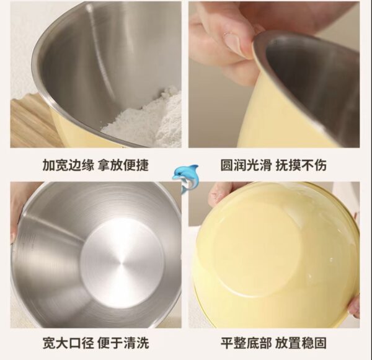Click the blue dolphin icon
point(185,177)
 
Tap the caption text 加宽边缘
point(68,165)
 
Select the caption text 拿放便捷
point(123,165)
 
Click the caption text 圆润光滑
point(246,165)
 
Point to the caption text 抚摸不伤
point(301,165)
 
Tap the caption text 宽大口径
point(68,343)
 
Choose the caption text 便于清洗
point(123,343)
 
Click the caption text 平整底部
point(246,343)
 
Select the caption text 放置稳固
point(301,343)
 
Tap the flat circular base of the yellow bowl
point(257,247)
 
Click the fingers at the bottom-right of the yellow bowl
point(354,307)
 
